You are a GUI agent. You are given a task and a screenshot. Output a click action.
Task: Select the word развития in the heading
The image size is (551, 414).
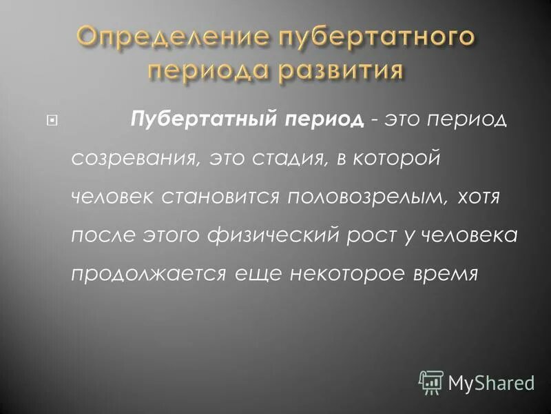pyautogui.click(x=336, y=70)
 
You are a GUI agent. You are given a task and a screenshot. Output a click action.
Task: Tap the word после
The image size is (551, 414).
pyautogui.click(x=102, y=237)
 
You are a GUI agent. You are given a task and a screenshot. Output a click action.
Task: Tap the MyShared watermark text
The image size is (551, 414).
pyautogui.click(x=491, y=382)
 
